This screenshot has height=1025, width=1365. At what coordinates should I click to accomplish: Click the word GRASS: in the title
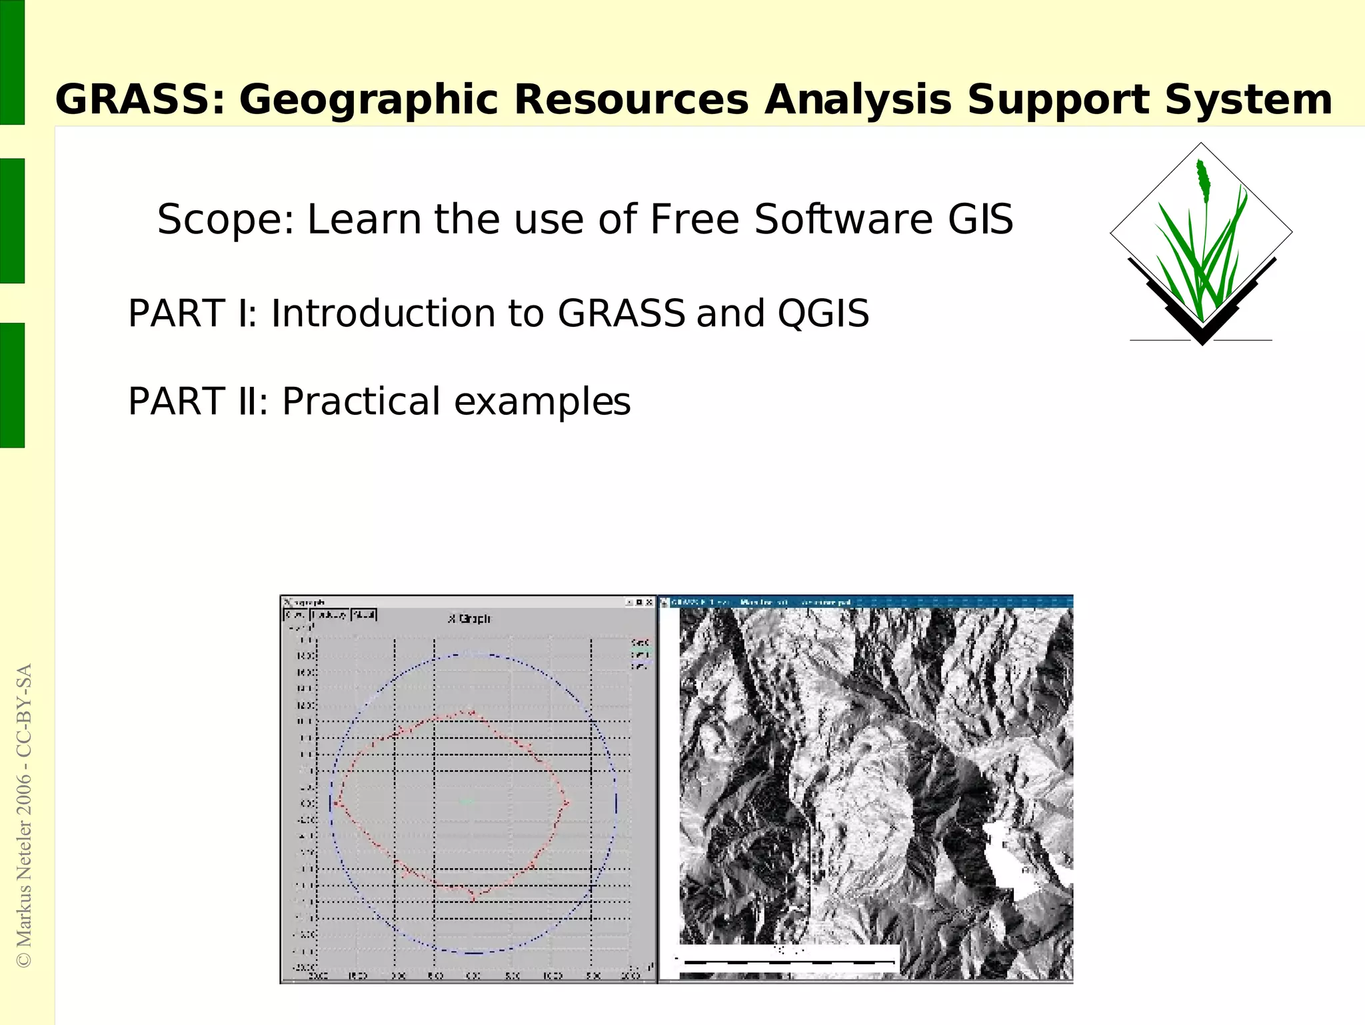point(140,100)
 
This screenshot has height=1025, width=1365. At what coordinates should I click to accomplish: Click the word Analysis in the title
point(858,100)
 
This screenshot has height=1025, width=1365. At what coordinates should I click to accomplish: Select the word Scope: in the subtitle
point(225,219)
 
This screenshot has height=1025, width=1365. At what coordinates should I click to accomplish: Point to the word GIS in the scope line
point(980,219)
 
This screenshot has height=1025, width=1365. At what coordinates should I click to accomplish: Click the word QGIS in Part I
point(823,313)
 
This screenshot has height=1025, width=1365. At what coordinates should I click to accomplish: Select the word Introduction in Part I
point(383,313)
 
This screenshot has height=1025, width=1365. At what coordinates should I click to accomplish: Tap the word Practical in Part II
point(361,401)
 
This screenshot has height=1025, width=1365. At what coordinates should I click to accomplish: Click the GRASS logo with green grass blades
point(1201,247)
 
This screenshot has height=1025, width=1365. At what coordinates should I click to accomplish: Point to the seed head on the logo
point(1202,180)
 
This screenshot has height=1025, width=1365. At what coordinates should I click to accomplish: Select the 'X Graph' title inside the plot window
point(469,619)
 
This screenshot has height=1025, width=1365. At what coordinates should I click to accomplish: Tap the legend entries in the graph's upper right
point(639,654)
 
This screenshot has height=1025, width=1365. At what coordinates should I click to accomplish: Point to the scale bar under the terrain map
point(786,962)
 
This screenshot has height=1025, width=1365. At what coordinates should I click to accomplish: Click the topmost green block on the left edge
point(12,62)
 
